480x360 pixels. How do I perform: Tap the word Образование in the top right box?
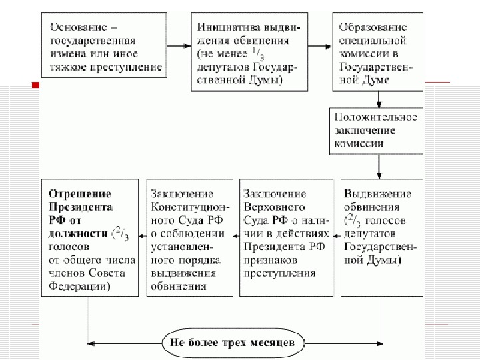[x=373, y=27]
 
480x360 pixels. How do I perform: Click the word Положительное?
[x=377, y=117]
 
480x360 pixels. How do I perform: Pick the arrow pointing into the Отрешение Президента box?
[x=141, y=235]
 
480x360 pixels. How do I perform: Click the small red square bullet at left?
[x=36, y=85]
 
